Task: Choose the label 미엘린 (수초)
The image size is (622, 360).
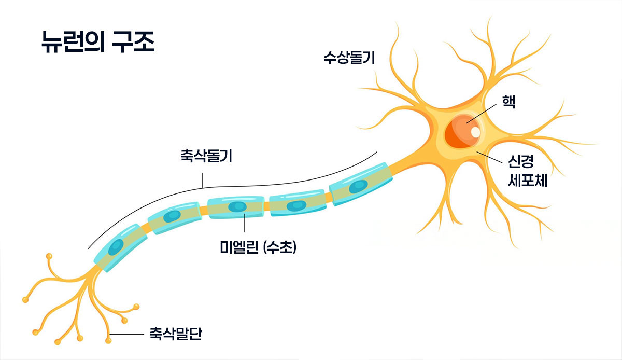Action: [x=258, y=248]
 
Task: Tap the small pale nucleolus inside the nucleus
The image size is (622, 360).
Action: [x=475, y=132]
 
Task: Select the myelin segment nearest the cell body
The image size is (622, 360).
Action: [x=360, y=185]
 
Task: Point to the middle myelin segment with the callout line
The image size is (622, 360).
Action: [x=236, y=207]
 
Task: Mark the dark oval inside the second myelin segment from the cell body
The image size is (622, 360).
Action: [x=296, y=205]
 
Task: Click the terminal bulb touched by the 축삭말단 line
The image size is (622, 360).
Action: [x=108, y=340]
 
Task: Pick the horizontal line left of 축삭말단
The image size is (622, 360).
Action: [x=127, y=335]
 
